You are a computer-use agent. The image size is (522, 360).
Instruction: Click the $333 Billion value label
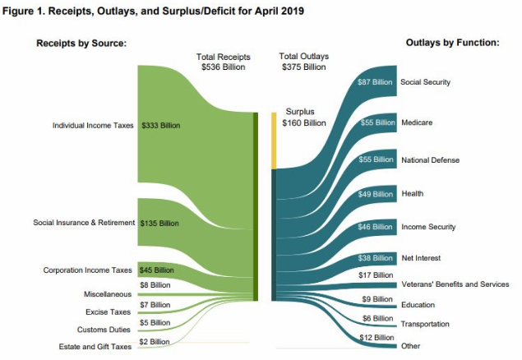(x=160, y=126)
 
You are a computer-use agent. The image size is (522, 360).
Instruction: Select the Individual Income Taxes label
(x=93, y=126)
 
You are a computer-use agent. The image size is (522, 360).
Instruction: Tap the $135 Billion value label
(x=160, y=223)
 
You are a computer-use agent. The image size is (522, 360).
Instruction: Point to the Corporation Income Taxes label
(x=88, y=270)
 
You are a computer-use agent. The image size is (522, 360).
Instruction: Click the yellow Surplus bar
(x=274, y=140)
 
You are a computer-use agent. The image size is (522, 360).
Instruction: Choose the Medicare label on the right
(x=416, y=122)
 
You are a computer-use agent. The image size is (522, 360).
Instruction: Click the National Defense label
(x=430, y=159)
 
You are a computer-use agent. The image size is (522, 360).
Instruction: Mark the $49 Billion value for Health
(x=377, y=194)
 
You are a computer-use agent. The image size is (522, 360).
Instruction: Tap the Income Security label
(x=427, y=226)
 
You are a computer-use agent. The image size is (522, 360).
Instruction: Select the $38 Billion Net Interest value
(x=377, y=257)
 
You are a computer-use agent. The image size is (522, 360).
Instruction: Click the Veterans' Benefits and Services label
(x=455, y=284)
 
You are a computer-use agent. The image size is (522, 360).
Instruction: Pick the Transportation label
(x=425, y=324)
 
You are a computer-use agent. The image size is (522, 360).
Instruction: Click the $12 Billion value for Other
(x=377, y=338)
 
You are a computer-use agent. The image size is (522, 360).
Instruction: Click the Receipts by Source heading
(x=81, y=43)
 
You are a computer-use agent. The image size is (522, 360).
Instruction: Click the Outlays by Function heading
(x=452, y=43)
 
